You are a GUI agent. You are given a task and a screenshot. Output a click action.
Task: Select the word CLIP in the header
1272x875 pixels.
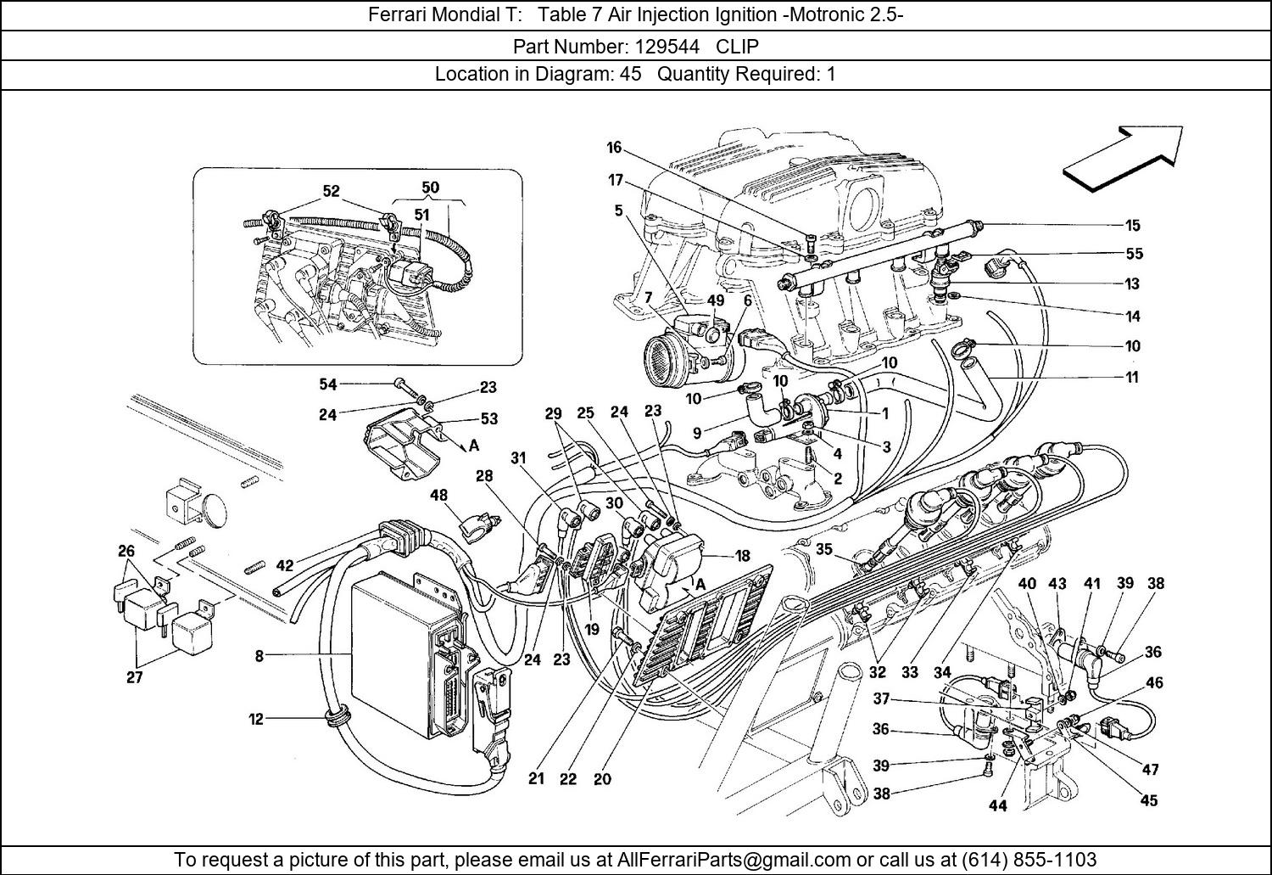738,46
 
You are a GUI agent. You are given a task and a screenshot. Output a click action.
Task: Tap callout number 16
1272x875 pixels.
614,148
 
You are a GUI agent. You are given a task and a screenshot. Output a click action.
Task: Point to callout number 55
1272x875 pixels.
1134,254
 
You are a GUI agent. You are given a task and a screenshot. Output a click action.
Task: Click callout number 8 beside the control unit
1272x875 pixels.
259,656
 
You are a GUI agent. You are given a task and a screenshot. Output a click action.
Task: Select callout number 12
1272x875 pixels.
256,720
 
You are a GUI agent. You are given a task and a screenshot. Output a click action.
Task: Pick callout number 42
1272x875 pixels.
284,566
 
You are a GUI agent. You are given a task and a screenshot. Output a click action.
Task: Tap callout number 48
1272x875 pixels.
438,495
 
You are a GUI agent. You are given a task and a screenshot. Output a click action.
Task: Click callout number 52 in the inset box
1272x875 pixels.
331,191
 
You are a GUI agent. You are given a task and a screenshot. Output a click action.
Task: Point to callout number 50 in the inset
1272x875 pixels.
430,188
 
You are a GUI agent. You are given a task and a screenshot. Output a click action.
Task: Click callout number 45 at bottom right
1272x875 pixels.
1148,800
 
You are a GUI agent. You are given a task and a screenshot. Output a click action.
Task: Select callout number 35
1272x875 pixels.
824,549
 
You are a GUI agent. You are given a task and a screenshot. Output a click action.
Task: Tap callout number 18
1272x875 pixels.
742,557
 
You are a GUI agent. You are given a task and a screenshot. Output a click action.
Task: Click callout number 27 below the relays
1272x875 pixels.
134,678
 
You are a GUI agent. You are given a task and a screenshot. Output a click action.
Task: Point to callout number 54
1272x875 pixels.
327,384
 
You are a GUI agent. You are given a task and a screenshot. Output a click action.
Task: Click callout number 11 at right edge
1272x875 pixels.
1132,377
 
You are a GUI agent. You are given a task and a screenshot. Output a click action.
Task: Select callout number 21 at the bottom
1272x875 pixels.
536,779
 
